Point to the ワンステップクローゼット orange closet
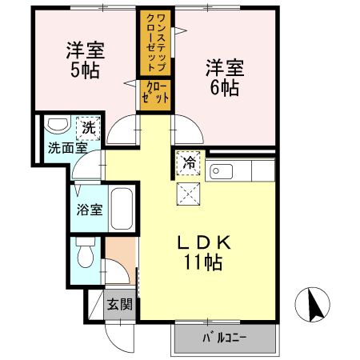click(x=156, y=42)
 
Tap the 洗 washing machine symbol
click(x=86, y=127)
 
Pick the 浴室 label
click(x=89, y=210)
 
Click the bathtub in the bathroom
click(x=122, y=210)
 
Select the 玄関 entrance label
click(x=120, y=303)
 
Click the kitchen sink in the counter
click(x=220, y=171)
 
